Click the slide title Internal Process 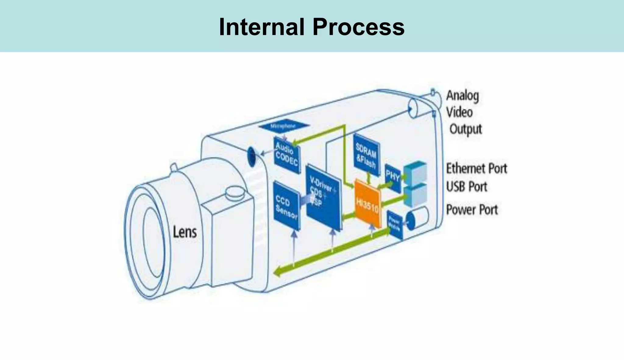point(311,27)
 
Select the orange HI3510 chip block point(368,203)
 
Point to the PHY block point(392,178)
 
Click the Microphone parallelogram point(284,126)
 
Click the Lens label point(185,232)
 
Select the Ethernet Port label point(476,168)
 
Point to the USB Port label point(466,186)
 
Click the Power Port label point(472,210)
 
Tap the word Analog point(463,96)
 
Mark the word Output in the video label point(466,129)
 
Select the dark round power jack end point(410,221)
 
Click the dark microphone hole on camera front point(252,156)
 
